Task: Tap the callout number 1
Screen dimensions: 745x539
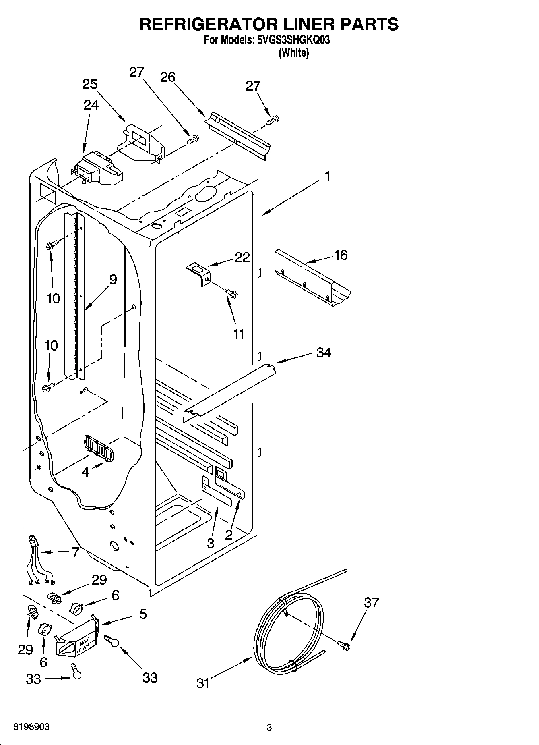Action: click(x=328, y=176)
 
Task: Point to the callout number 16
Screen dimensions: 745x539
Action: click(x=341, y=255)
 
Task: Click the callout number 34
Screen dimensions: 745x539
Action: click(x=324, y=353)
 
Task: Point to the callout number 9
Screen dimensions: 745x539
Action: click(x=113, y=279)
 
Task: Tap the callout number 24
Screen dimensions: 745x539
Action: click(x=91, y=105)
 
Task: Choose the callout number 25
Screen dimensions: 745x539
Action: click(x=90, y=84)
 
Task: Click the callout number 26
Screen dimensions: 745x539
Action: click(x=167, y=77)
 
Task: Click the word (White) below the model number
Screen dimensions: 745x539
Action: click(x=293, y=53)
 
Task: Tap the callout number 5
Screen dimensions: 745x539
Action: click(x=143, y=614)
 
